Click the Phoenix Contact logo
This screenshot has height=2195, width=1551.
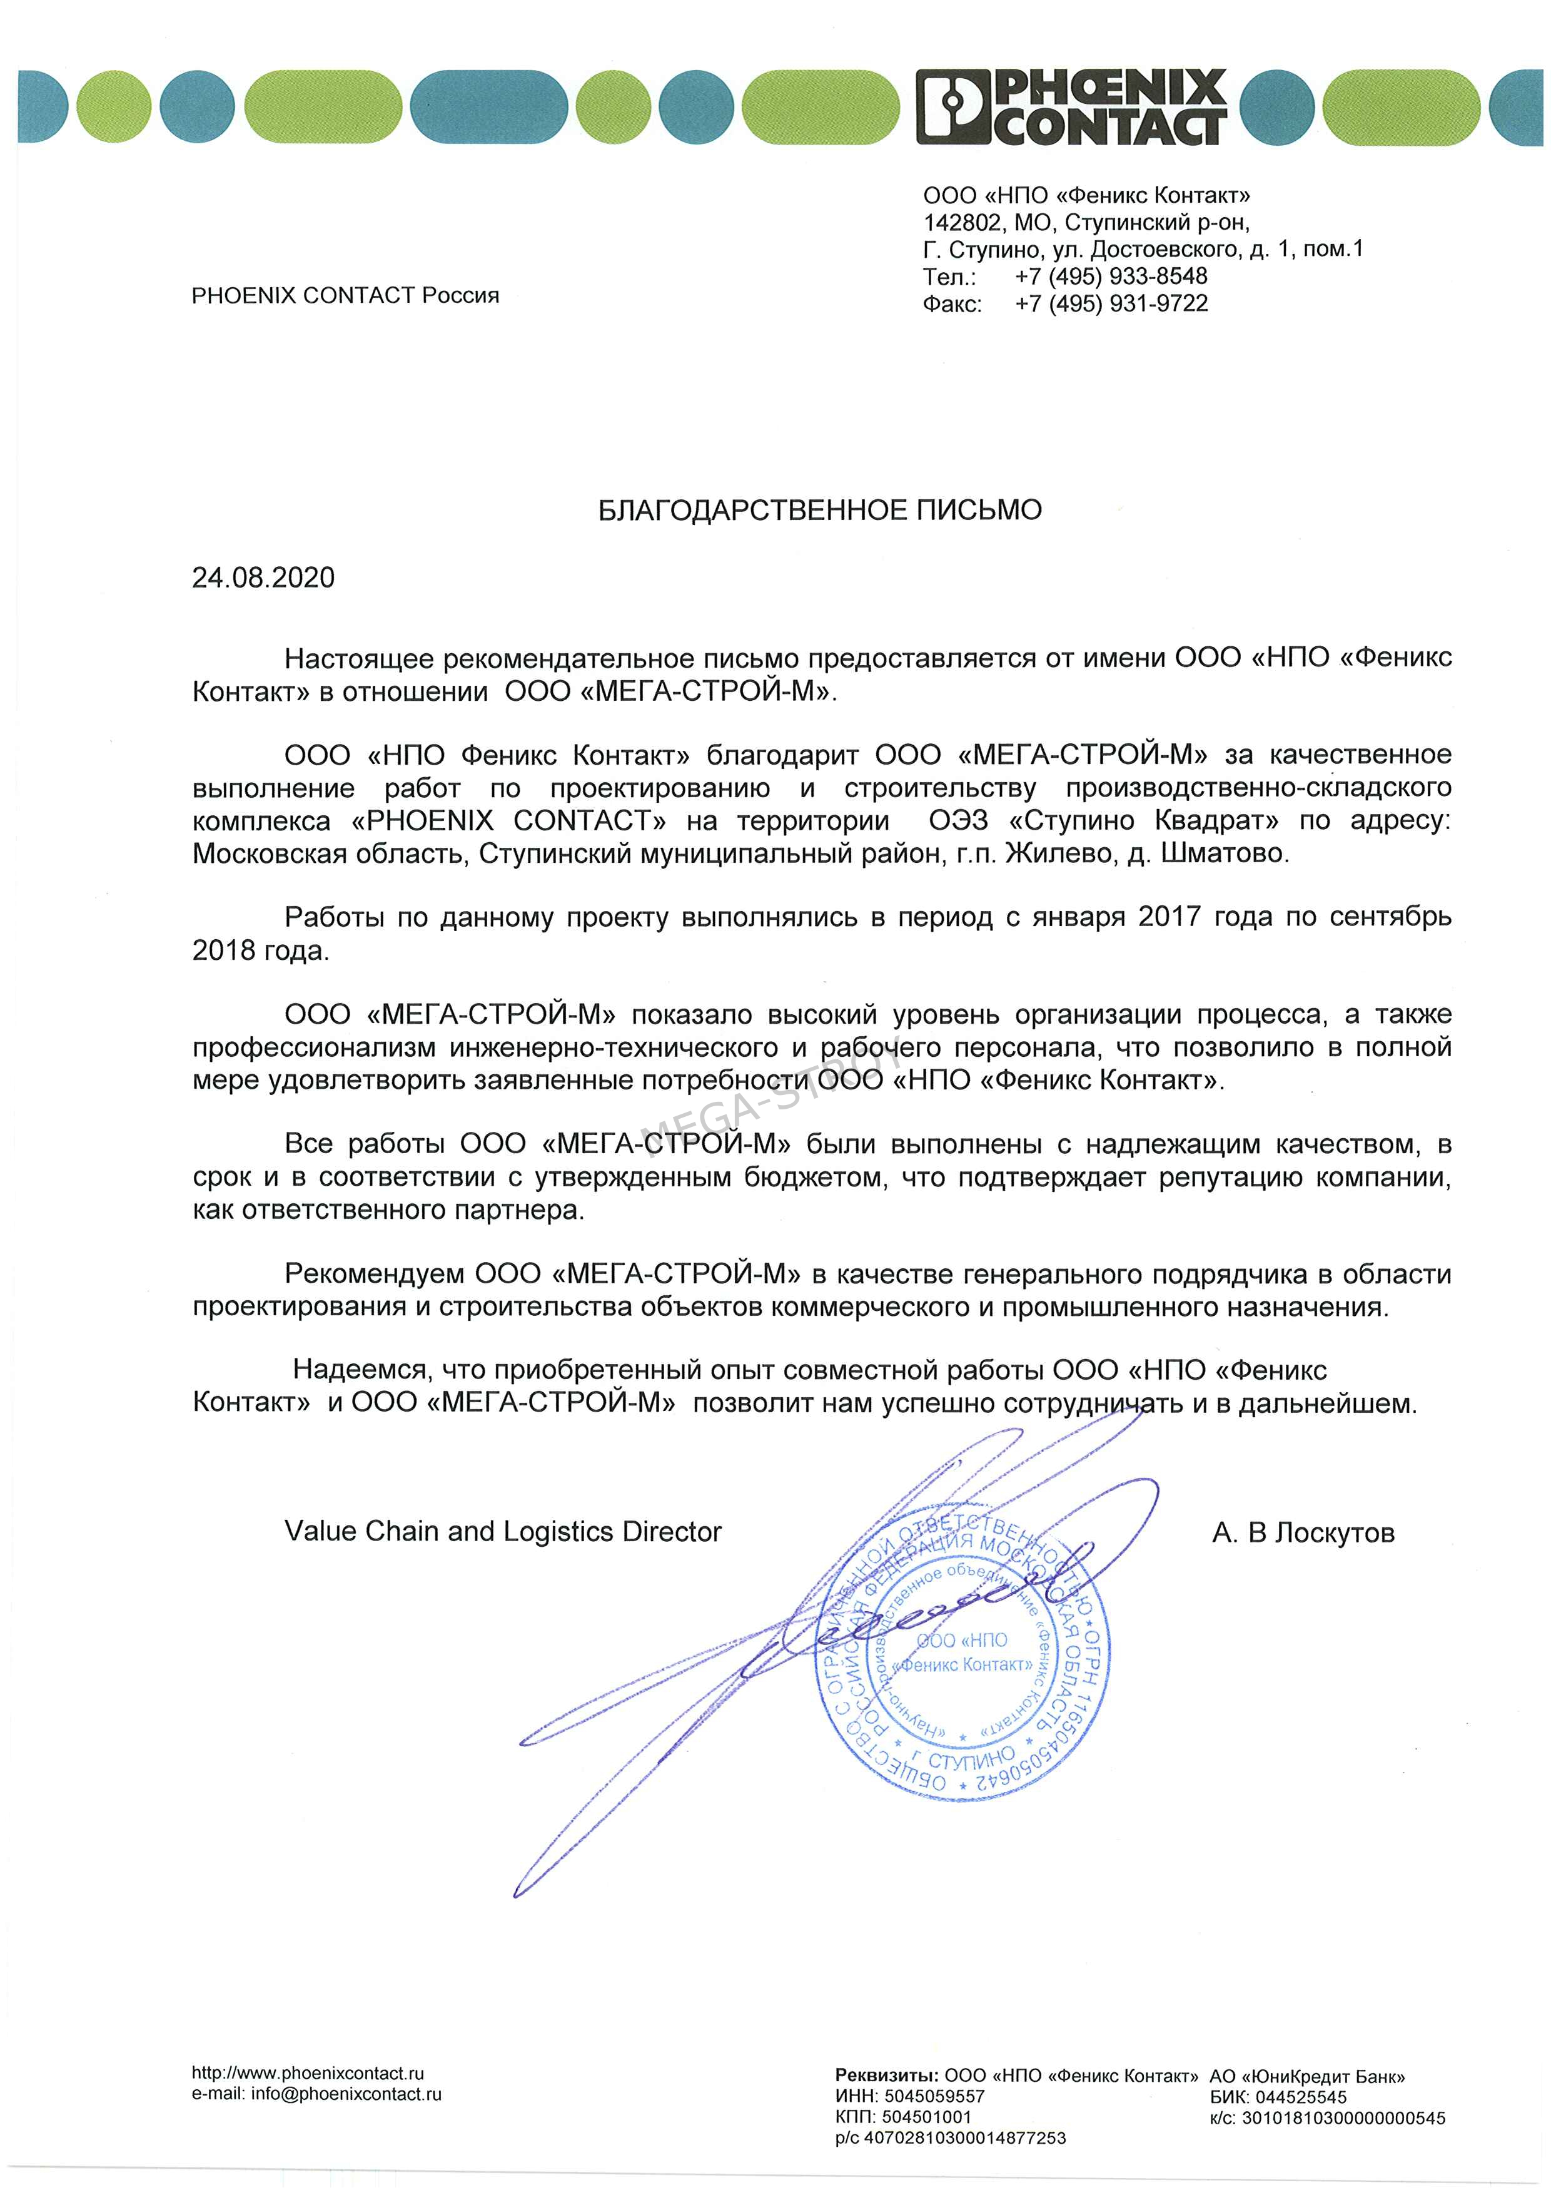point(1070,106)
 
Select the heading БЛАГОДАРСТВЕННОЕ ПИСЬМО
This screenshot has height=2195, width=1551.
point(819,511)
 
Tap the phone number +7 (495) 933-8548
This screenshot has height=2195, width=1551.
point(1111,277)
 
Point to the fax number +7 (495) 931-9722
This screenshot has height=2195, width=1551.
point(1111,304)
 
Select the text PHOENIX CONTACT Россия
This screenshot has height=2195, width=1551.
point(345,295)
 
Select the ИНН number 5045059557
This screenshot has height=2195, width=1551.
point(934,2097)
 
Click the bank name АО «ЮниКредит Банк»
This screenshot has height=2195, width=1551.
point(1306,2077)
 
